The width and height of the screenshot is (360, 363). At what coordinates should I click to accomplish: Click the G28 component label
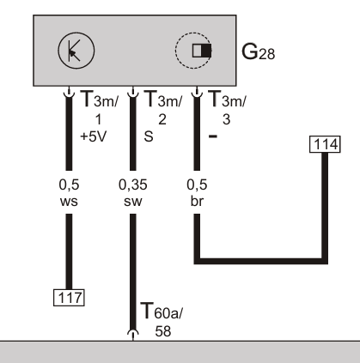[x=258, y=52]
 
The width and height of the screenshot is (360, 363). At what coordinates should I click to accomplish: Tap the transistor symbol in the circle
[x=76, y=51]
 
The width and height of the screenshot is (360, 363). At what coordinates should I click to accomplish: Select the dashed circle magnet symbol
[x=193, y=51]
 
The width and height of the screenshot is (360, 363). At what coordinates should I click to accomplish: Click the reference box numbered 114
[x=325, y=144]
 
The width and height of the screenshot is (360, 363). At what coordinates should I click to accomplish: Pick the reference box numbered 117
[x=69, y=298]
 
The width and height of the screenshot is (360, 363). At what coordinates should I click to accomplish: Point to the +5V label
[x=94, y=136]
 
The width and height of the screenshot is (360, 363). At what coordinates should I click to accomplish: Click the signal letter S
[x=149, y=136]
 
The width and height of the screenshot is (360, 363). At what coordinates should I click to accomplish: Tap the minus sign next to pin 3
[x=213, y=136]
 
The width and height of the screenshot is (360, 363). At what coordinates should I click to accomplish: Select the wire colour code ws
[x=69, y=202]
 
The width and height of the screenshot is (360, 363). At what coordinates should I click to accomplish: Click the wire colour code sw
[x=133, y=202]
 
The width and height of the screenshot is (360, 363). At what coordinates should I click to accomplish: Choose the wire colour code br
[x=197, y=201]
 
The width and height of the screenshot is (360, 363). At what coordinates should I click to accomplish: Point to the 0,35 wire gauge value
[x=133, y=185]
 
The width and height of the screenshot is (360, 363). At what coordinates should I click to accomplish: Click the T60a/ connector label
[x=162, y=311]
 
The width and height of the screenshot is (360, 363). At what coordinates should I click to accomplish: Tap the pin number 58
[x=163, y=331]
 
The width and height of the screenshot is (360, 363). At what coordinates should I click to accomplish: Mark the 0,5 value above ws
[x=69, y=185]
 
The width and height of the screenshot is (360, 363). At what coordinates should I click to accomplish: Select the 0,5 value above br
[x=197, y=185]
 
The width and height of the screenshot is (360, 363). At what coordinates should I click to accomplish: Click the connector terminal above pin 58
[x=133, y=335]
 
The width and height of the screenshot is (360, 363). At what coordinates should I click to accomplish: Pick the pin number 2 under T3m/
[x=162, y=119]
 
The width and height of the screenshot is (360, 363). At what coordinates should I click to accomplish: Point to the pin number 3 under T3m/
[x=226, y=119]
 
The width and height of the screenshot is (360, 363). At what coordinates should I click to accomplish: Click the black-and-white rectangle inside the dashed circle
[x=202, y=51]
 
